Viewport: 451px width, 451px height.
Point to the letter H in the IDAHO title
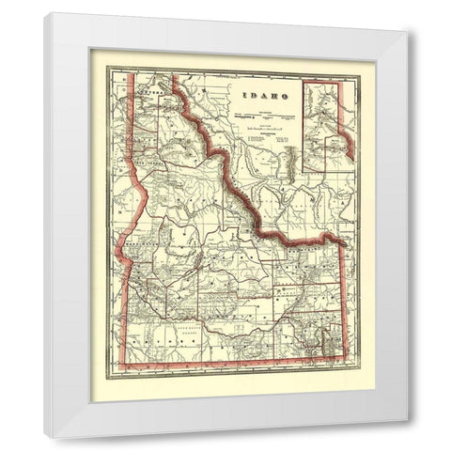(270, 96)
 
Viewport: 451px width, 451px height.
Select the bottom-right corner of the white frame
(408, 439)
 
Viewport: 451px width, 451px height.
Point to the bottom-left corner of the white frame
(44, 439)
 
